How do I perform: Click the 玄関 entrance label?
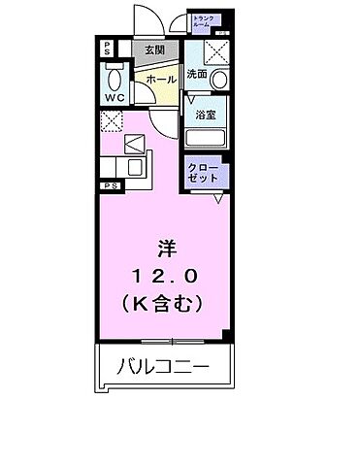coord(153,51)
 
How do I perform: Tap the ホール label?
coord(162,79)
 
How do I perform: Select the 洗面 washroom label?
coord(198,73)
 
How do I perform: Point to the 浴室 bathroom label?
coord(205,114)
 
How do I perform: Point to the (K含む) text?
coord(162,303)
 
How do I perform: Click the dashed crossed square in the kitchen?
coord(111,121)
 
